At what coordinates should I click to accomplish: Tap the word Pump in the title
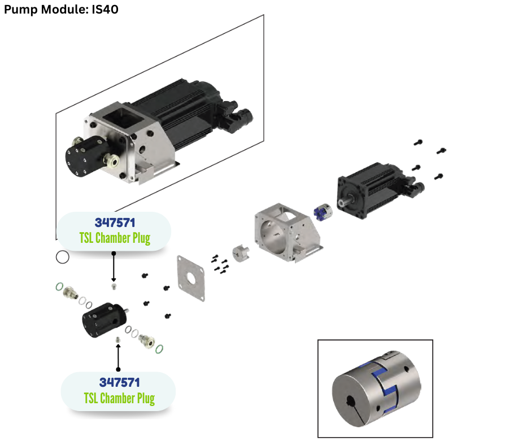20,10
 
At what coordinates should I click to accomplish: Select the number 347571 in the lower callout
119,382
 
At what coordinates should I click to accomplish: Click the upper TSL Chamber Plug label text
114,238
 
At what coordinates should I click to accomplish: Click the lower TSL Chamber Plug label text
119,398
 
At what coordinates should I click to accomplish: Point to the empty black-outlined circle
63,257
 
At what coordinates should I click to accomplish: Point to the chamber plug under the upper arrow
114,287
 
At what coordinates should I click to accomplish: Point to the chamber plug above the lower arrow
117,339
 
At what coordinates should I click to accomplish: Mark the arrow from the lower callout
118,356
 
